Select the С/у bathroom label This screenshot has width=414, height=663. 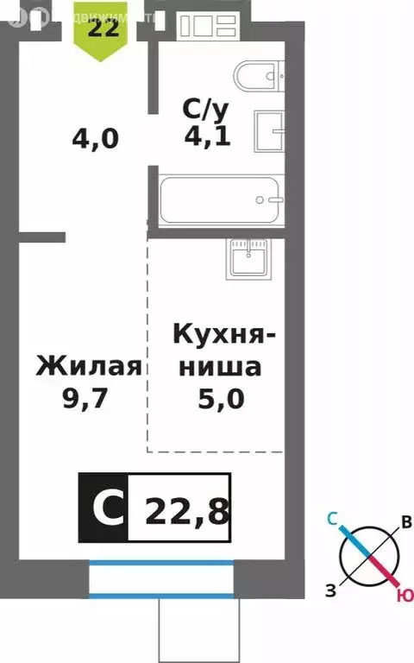[x=205, y=109]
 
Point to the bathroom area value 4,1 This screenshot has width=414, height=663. [x=207, y=136]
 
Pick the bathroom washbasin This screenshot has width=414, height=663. [x=273, y=132]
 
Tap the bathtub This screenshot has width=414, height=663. [x=221, y=199]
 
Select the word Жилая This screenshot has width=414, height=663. [x=88, y=367]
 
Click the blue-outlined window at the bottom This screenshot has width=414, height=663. [x=160, y=578]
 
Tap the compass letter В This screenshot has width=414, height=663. [x=406, y=522]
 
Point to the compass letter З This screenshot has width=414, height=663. [x=330, y=590]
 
